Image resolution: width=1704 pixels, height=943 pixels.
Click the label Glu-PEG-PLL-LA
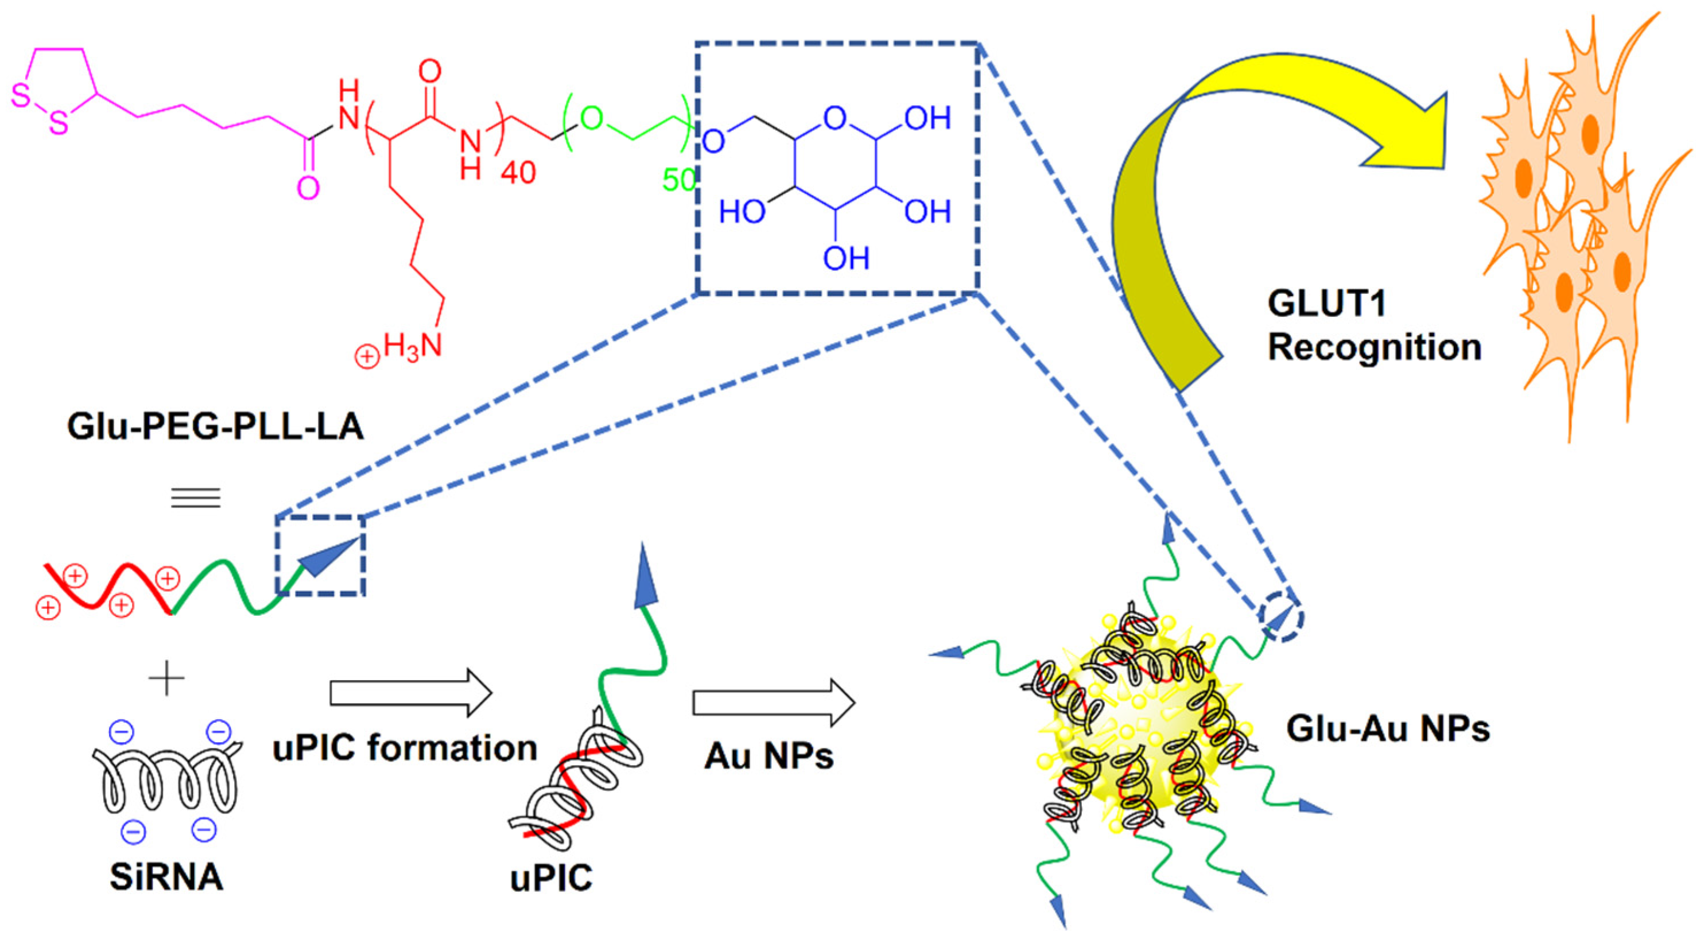point(216,426)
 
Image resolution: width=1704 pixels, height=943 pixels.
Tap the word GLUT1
point(1326,304)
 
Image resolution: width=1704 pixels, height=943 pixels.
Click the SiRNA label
point(166,878)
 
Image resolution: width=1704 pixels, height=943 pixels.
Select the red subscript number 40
point(517,173)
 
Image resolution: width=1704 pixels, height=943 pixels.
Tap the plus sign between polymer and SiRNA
point(166,679)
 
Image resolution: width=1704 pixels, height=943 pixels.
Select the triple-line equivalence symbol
point(196,497)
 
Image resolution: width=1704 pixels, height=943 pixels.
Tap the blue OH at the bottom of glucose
point(845,258)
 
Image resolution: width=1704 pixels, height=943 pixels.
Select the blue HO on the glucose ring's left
point(742,212)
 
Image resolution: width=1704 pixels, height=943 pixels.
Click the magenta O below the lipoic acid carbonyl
point(308,188)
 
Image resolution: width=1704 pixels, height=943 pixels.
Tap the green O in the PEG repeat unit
point(591,119)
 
